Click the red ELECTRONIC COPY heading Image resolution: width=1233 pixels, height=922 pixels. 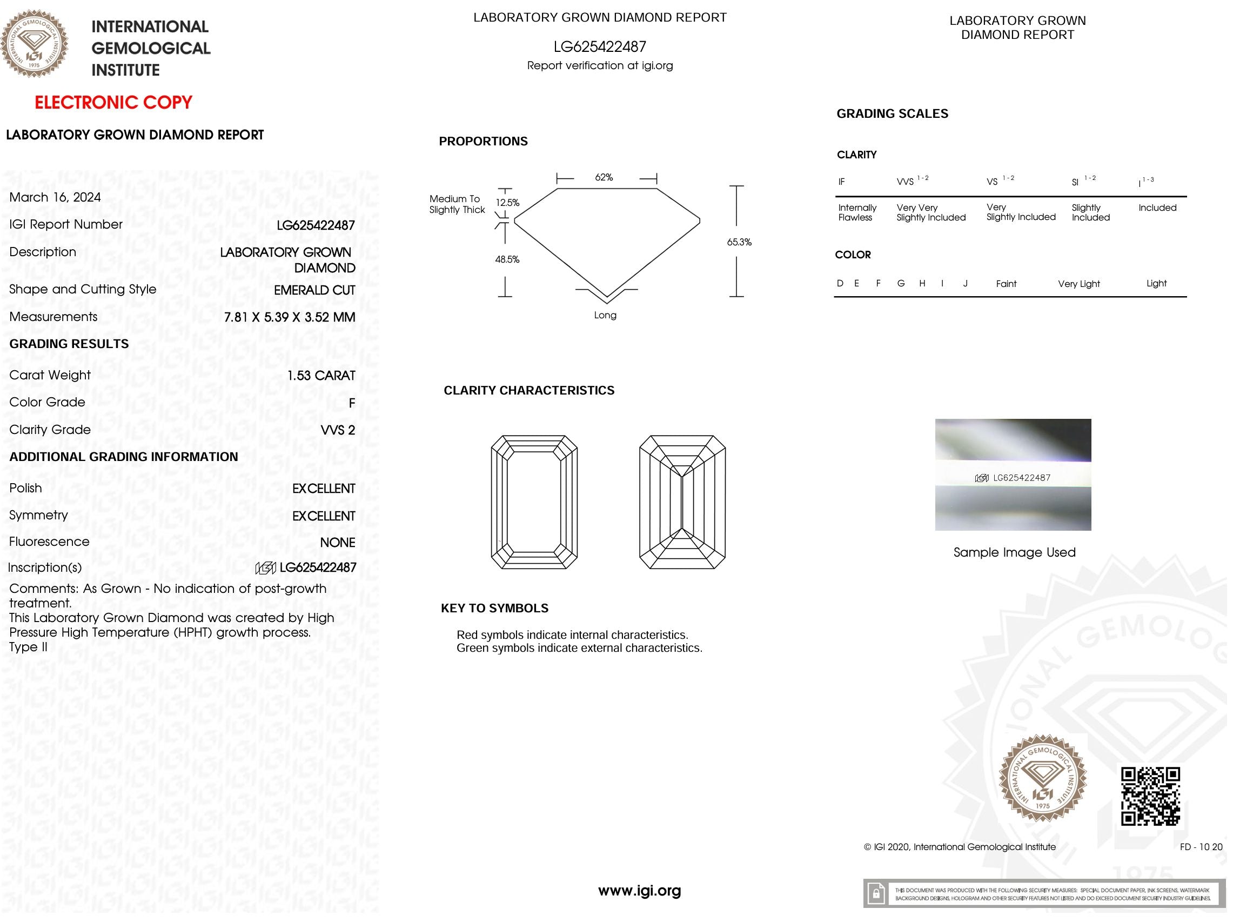[113, 103]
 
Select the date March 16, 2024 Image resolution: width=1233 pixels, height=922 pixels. [55, 197]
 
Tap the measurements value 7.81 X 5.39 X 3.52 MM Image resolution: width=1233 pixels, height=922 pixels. [289, 317]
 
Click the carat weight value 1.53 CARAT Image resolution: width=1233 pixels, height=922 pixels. [321, 376]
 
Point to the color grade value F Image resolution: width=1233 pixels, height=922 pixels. [352, 403]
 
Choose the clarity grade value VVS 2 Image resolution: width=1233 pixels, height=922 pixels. [338, 430]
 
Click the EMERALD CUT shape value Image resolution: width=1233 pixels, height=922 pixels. [314, 290]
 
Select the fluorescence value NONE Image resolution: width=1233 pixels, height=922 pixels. [337, 543]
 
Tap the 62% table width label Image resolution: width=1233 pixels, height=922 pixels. [604, 177]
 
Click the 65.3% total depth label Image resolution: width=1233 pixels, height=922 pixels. [739, 242]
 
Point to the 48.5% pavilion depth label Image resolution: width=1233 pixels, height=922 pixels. [507, 259]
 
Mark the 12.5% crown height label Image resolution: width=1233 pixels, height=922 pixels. [508, 203]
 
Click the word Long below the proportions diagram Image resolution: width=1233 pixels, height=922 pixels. [605, 315]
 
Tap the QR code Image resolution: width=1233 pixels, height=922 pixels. [1150, 796]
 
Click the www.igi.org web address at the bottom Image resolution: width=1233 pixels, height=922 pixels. [639, 890]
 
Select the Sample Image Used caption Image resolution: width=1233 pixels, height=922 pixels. [1015, 552]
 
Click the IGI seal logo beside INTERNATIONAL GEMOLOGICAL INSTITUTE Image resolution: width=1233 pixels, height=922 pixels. [35, 43]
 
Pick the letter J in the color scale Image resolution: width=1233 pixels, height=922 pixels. [966, 284]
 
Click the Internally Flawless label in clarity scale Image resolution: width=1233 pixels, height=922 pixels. [857, 212]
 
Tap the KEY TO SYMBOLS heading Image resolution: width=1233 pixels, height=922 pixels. [494, 608]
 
